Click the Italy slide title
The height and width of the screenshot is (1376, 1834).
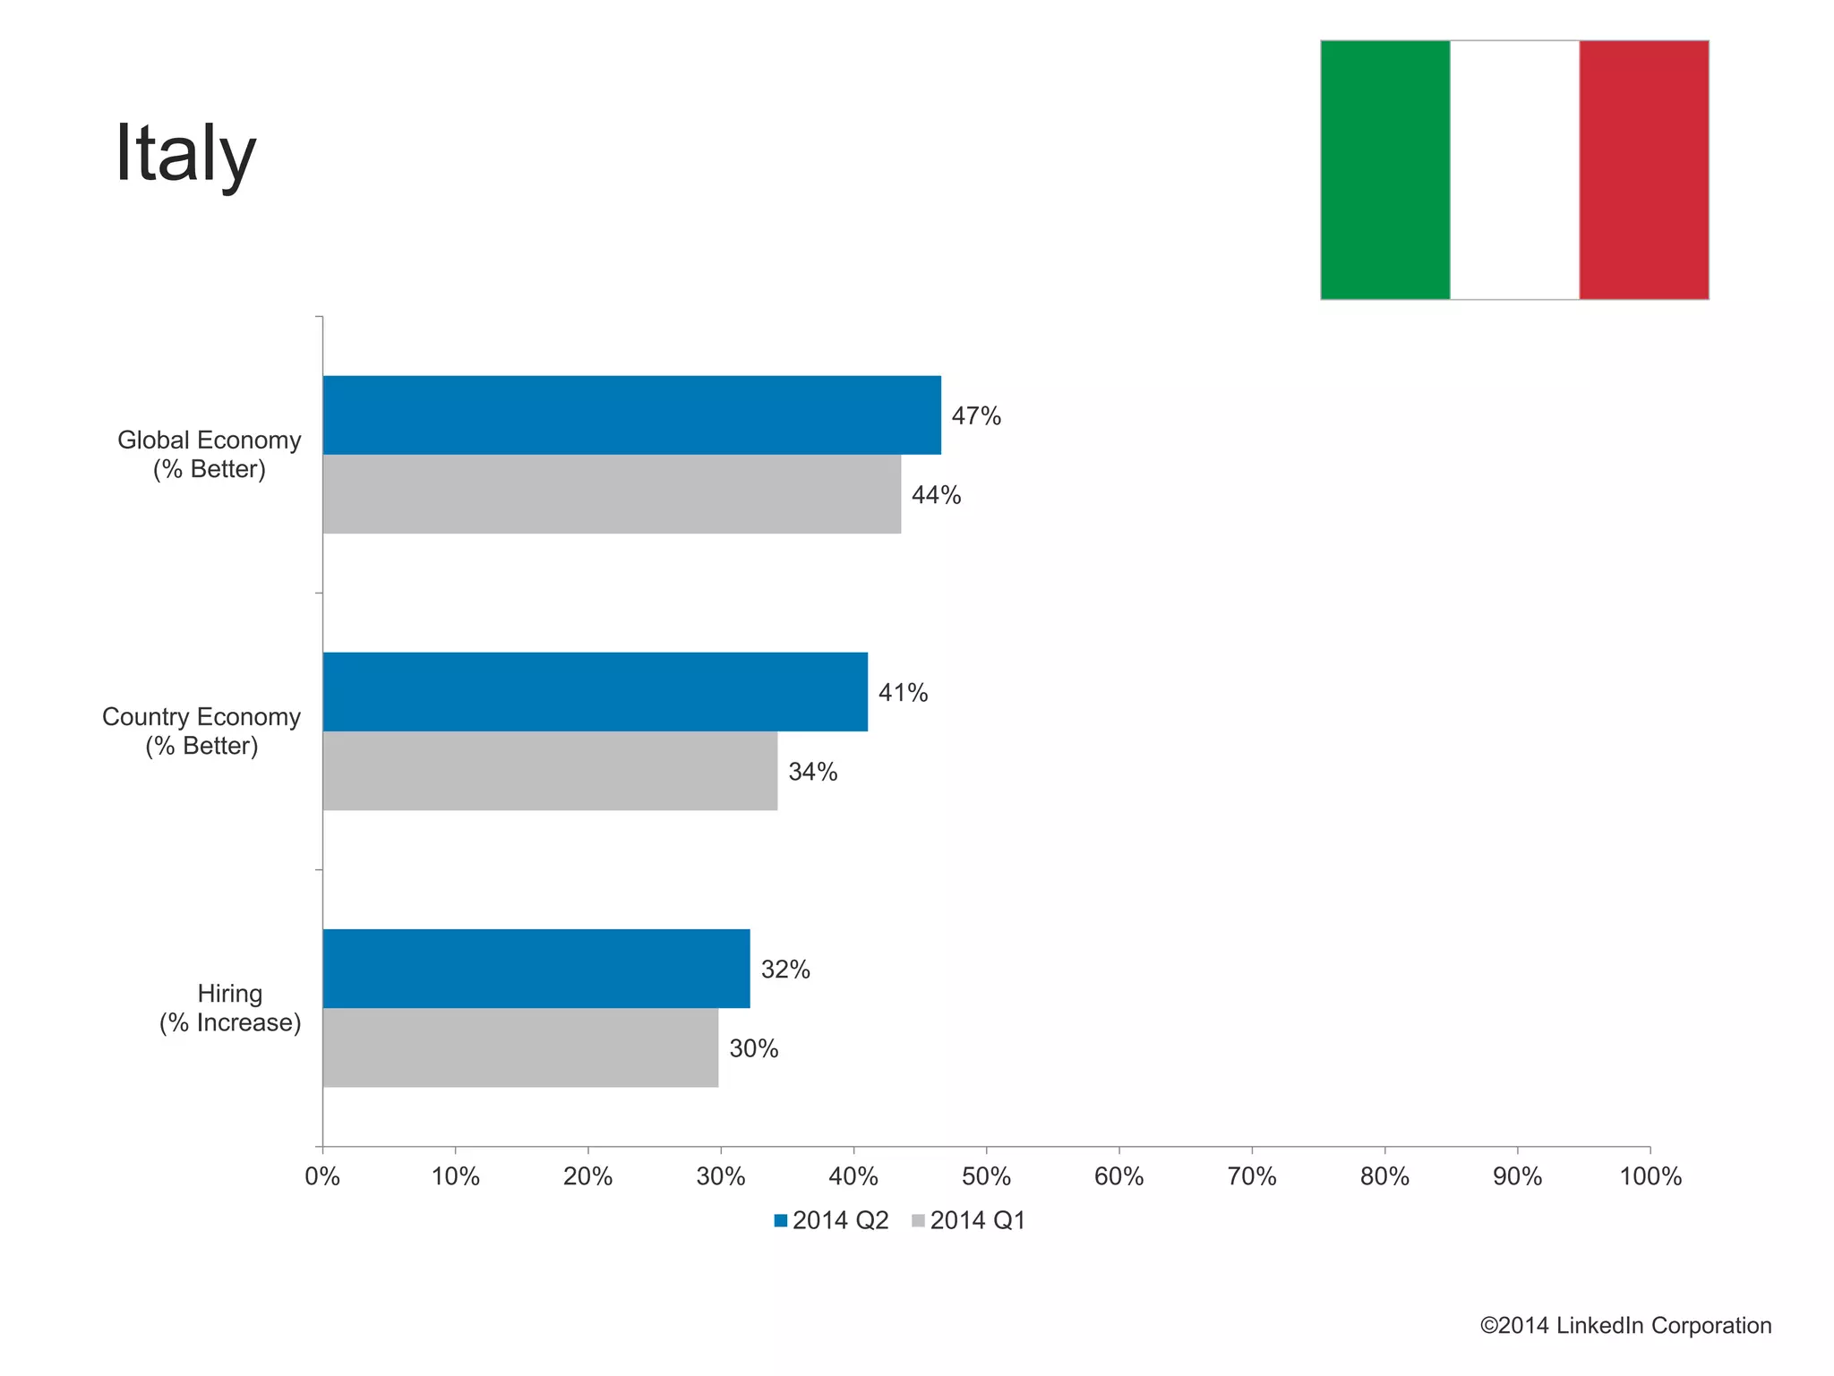(185, 154)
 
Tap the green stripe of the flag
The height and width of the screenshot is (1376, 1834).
(1384, 170)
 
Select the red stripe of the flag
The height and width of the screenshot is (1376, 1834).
(1643, 170)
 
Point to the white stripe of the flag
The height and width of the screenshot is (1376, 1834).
(1514, 170)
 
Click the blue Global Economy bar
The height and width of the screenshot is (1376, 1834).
(631, 415)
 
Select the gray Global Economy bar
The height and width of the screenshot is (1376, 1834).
(612, 494)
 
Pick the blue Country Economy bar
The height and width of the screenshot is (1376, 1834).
(595, 692)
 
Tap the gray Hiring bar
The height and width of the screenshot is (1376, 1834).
(520, 1047)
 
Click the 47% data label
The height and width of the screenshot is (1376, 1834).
(976, 416)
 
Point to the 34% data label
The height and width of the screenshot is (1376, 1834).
(812, 772)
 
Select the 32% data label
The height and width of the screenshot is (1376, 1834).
(785, 970)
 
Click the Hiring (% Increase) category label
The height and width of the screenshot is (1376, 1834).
(230, 1008)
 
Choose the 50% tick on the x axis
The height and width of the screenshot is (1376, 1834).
(986, 1176)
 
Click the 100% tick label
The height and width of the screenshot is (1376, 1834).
(1650, 1176)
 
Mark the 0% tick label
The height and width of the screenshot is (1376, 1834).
(322, 1176)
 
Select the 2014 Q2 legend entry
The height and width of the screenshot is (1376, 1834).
(832, 1220)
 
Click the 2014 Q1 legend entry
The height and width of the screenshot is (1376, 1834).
(969, 1220)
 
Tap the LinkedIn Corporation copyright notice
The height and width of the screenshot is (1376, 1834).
(1625, 1326)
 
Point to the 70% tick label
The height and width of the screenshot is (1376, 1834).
(1251, 1176)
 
